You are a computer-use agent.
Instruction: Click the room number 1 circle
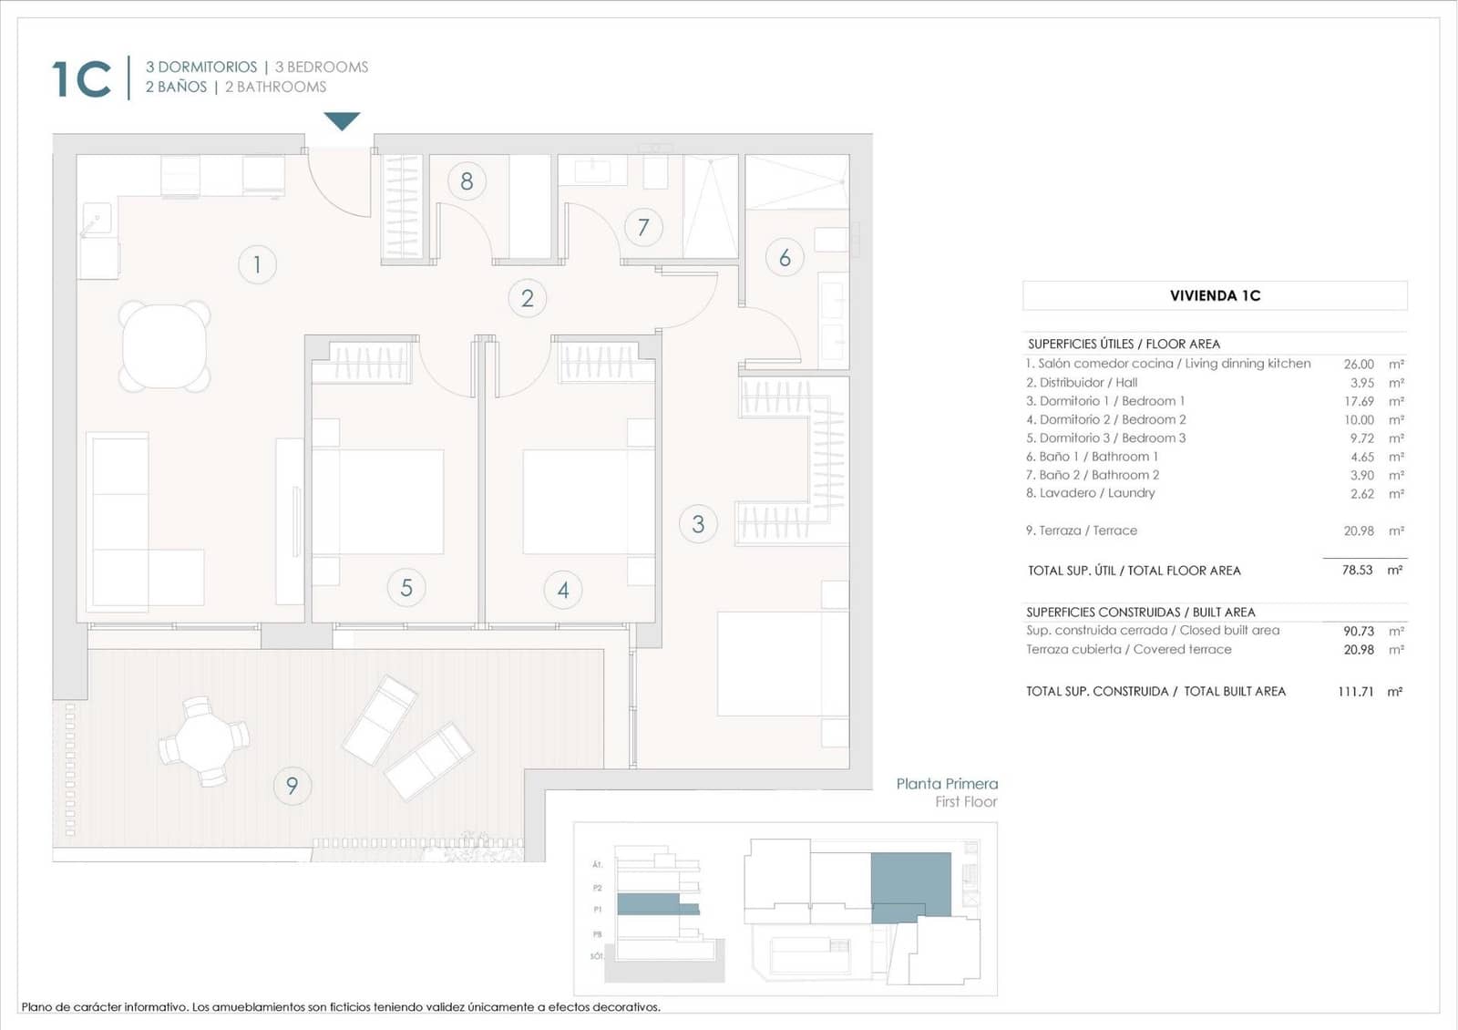click(257, 264)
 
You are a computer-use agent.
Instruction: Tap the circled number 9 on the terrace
click(292, 785)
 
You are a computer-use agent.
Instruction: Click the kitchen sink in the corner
click(95, 220)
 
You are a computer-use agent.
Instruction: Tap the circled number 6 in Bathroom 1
click(785, 258)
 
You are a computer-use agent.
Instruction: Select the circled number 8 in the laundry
click(467, 181)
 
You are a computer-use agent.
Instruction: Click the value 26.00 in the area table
click(1358, 364)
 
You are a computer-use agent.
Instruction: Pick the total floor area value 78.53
click(1357, 570)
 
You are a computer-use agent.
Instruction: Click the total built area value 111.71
click(1355, 692)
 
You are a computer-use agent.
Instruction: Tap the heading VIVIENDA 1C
click(1215, 295)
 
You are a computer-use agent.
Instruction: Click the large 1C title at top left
click(82, 79)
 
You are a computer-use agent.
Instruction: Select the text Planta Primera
click(947, 784)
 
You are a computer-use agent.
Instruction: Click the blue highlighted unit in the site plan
click(910, 886)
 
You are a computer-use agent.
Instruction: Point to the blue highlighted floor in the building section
click(649, 904)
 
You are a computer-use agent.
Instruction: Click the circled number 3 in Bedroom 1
click(698, 524)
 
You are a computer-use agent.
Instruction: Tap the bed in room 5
click(378, 501)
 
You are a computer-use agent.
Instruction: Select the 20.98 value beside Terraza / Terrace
click(1358, 530)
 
